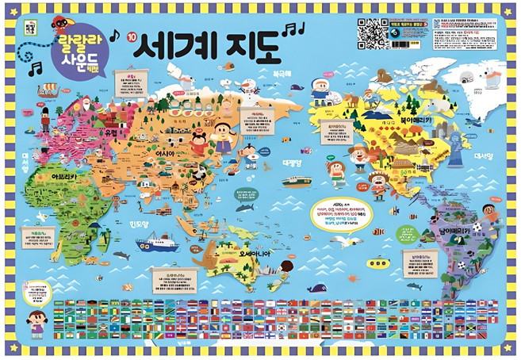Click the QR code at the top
point(372,31)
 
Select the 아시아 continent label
point(188,151)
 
